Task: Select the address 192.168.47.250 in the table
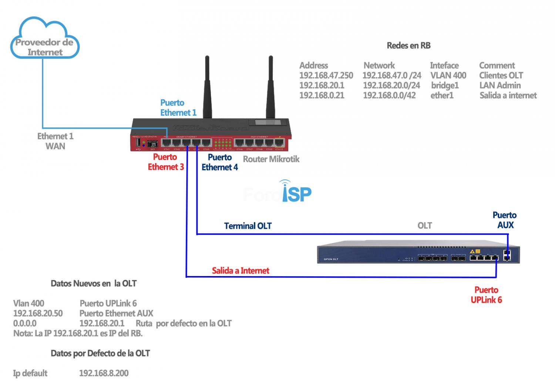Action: click(326, 75)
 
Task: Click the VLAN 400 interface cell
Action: click(448, 75)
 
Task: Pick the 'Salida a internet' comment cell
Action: click(508, 95)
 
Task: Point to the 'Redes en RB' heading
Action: click(408, 45)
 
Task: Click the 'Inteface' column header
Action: click(444, 65)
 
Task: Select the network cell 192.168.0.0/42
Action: click(389, 95)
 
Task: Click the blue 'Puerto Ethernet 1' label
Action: click(178, 108)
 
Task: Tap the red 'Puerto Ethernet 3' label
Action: click(165, 162)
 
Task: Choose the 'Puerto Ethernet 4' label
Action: click(219, 162)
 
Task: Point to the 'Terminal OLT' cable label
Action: click(248, 226)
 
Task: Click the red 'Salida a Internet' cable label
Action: click(240, 271)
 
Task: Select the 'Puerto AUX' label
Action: click(505, 220)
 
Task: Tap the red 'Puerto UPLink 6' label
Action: click(486, 295)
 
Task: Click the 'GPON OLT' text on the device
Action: click(331, 259)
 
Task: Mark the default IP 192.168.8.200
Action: click(104, 373)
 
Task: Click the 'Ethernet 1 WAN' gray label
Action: click(55, 141)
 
